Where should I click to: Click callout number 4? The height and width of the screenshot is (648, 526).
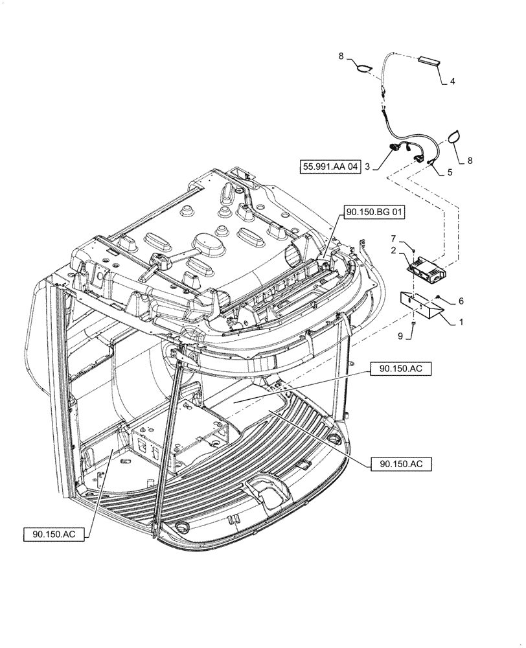(x=453, y=82)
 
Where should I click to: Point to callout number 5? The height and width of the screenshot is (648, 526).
(x=450, y=173)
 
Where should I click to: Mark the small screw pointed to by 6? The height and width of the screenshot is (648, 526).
(x=439, y=297)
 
